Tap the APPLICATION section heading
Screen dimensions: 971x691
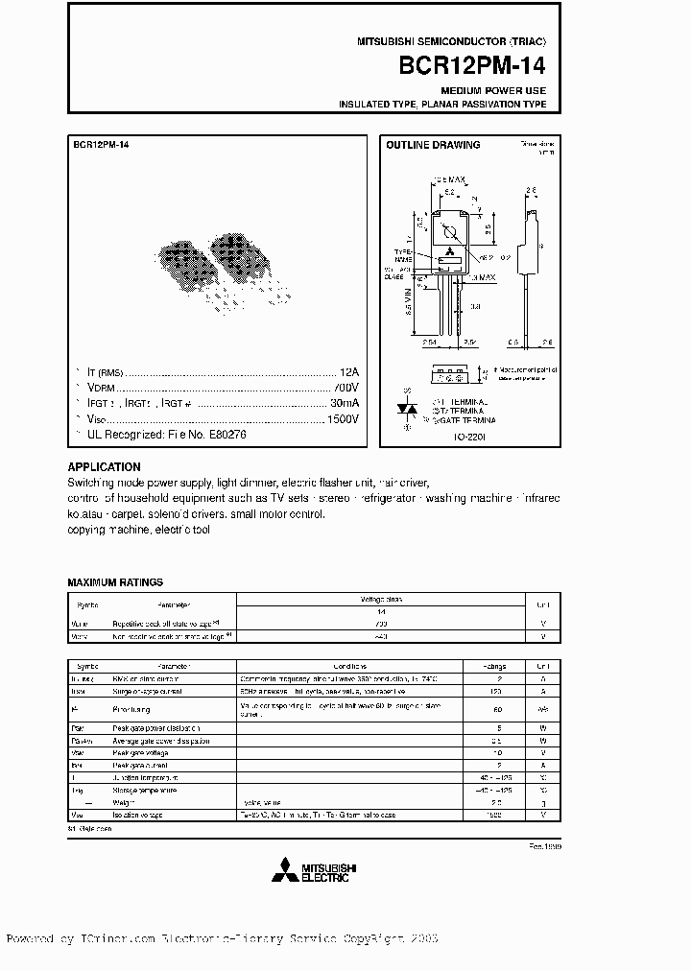pos(104,468)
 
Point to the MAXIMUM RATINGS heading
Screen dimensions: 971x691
pos(115,582)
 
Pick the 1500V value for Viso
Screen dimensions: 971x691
pos(343,419)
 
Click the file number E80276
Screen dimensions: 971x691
pos(224,435)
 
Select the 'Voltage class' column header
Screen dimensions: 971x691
pos(381,599)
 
